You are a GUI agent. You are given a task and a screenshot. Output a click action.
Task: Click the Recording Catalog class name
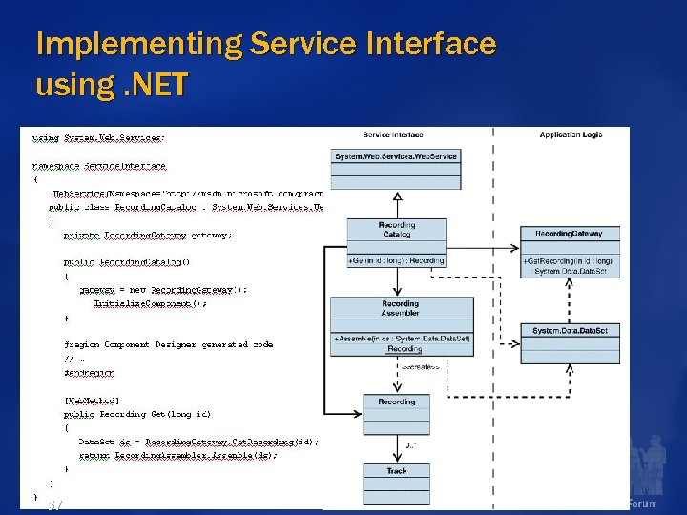click(x=397, y=230)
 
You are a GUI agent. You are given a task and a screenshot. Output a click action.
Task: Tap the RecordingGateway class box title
click(x=569, y=234)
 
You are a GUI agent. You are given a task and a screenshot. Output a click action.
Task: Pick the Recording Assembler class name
click(x=400, y=309)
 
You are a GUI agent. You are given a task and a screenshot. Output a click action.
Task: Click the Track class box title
click(x=396, y=471)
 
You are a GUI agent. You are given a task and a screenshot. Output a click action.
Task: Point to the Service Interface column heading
click(x=393, y=135)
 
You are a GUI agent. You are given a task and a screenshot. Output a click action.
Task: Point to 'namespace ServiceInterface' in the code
click(x=98, y=165)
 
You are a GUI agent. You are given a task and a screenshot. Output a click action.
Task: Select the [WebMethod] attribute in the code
click(x=92, y=402)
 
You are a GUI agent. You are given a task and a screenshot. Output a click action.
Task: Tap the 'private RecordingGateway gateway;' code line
click(x=147, y=234)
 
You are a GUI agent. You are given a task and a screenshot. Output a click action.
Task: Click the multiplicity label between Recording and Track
click(x=412, y=444)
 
